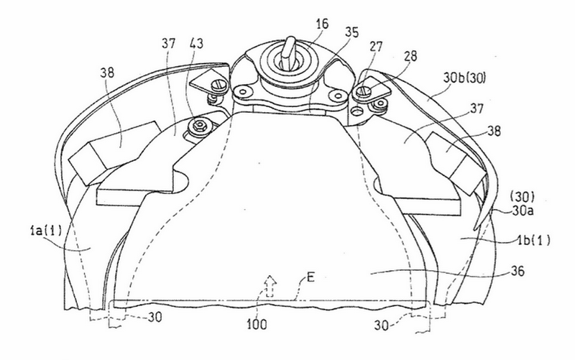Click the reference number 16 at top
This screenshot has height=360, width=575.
tap(322, 24)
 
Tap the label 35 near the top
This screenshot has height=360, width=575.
tap(351, 32)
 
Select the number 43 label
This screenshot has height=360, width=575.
tap(195, 44)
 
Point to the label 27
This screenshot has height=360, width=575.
tap(376, 47)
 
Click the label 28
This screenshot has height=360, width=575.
tap(410, 56)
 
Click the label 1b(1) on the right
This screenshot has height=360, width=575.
tap(533, 240)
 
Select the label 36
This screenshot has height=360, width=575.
tap(517, 272)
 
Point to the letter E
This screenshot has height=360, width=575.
tap(310, 277)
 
